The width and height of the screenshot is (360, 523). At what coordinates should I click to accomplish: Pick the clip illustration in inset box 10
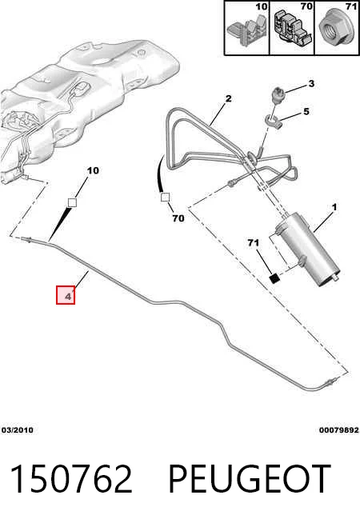point(248,30)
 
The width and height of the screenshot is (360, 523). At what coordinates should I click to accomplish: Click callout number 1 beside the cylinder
point(334,207)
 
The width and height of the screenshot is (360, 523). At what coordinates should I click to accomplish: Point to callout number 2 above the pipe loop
point(228,98)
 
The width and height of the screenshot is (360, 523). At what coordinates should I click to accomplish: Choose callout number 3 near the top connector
point(311,83)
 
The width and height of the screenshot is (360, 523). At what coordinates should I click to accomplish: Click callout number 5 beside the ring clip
point(306,111)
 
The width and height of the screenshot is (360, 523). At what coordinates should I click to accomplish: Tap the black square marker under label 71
point(274,278)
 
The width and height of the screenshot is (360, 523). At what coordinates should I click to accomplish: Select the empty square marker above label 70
point(165,198)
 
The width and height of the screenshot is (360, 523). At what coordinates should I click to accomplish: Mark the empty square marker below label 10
point(72,202)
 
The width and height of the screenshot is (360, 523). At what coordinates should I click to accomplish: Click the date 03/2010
point(18,430)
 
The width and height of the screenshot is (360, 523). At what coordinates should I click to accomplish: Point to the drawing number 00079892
point(338,430)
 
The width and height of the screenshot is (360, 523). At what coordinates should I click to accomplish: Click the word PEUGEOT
point(250,479)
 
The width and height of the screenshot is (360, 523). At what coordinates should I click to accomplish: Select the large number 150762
point(71,479)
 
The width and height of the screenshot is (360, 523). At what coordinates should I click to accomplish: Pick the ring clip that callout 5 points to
point(274,122)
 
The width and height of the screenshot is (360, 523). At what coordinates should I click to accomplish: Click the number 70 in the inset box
point(306,6)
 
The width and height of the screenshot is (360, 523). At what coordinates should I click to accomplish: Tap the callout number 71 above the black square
point(254,243)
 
